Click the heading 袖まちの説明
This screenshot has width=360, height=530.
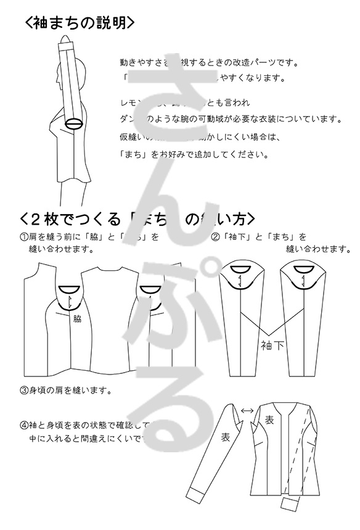[80, 23]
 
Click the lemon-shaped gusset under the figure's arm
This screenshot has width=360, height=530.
[75, 123]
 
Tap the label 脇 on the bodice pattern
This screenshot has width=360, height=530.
[77, 319]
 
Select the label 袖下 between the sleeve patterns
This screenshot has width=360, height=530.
[272, 345]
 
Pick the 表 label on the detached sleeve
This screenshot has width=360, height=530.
[225, 437]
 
